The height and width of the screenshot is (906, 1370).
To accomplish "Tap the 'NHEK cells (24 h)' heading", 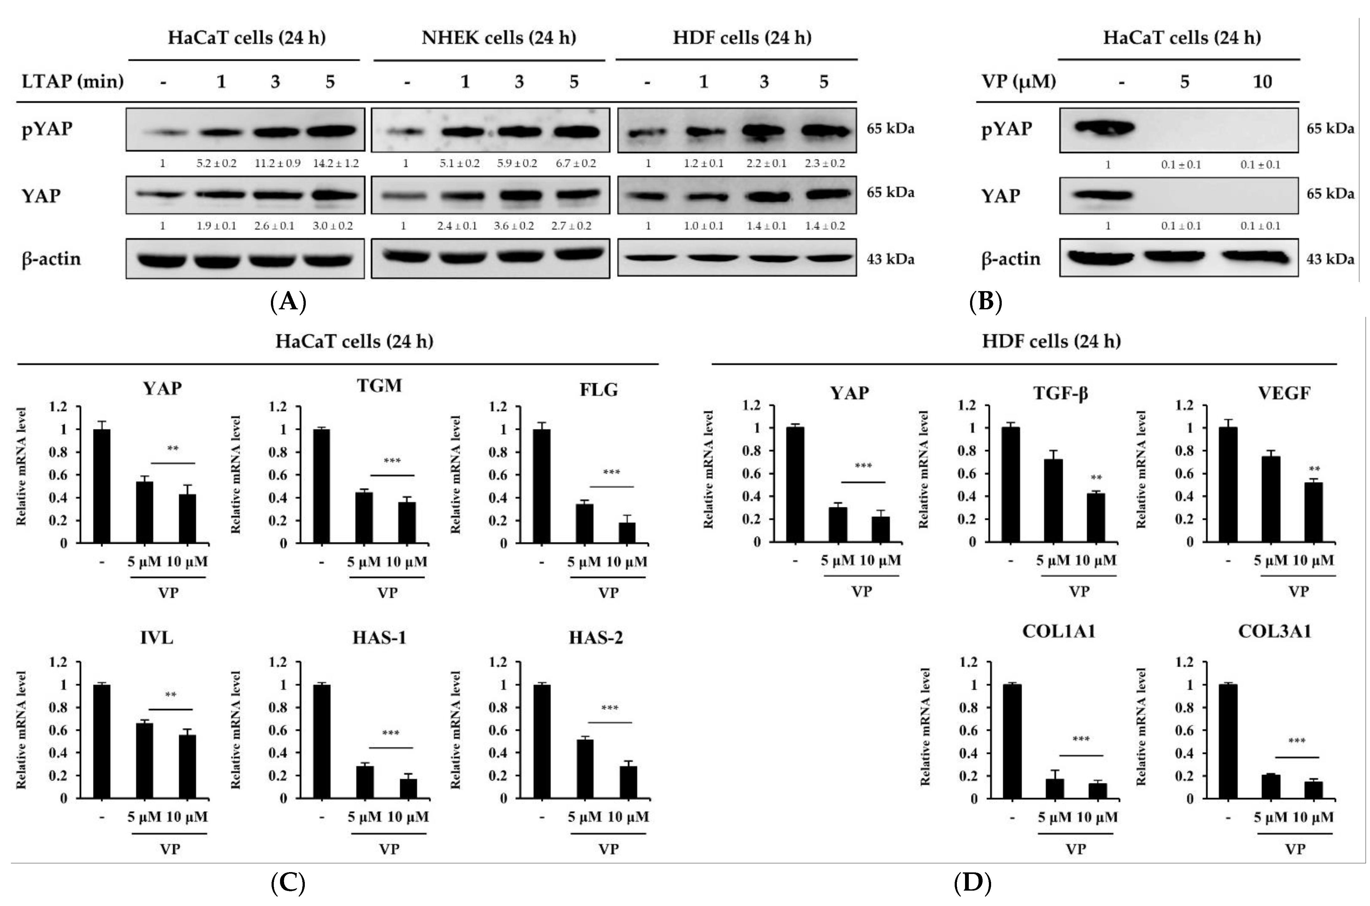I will coord(499,38).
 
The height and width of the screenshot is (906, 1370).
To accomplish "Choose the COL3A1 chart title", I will coord(1274,631).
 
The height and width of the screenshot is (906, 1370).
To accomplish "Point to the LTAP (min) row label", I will coord(73,81).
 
